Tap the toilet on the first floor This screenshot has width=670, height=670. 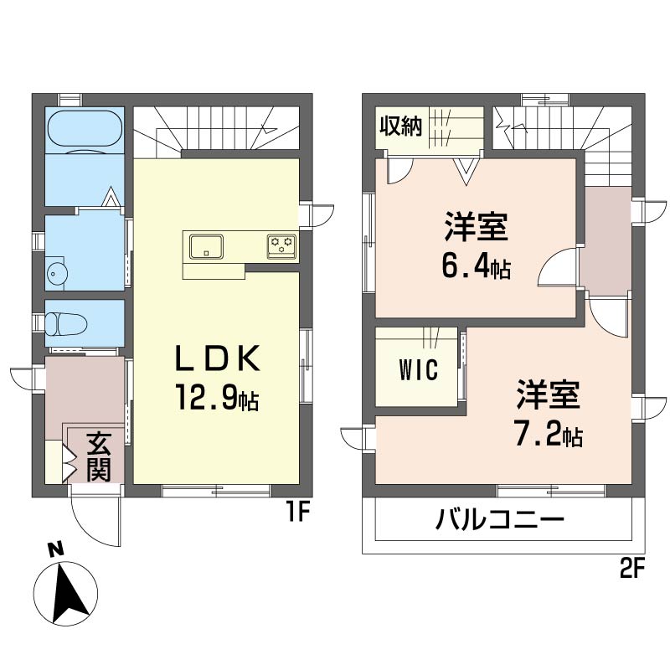(66, 323)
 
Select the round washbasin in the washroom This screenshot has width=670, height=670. (54, 271)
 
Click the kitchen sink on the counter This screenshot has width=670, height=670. (206, 246)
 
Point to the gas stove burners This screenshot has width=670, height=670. (281, 245)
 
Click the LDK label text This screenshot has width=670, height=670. (217, 358)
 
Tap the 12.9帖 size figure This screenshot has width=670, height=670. (216, 397)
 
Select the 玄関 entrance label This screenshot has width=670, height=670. (99, 457)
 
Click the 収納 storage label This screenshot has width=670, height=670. (401, 126)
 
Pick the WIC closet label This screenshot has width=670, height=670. (418, 369)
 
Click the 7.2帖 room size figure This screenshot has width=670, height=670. (549, 435)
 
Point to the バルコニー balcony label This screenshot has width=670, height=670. (500, 519)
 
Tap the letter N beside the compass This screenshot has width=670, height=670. (55, 549)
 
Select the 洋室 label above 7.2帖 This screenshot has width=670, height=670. (549, 394)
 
